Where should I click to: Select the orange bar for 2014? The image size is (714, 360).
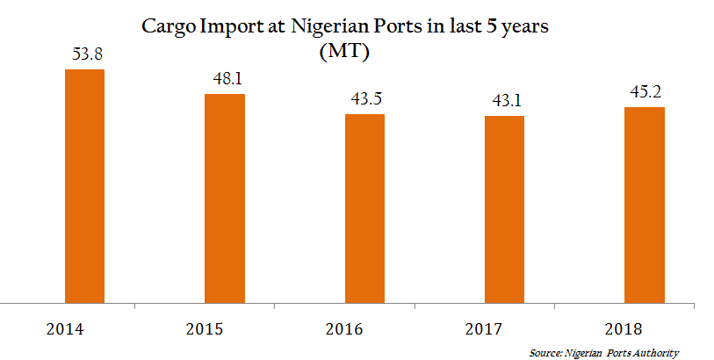[x=85, y=186]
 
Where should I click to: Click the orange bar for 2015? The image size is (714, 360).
[x=225, y=198]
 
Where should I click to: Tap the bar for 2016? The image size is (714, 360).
[x=364, y=209]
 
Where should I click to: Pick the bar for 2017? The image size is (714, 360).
[x=504, y=210]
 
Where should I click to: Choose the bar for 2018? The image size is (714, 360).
[x=644, y=205]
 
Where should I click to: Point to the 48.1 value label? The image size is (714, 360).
[x=226, y=80]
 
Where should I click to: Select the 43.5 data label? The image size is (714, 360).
[x=364, y=100]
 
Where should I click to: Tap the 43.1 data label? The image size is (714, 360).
[x=505, y=102]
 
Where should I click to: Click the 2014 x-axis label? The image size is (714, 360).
[x=64, y=330]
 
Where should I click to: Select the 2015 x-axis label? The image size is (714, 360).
[x=204, y=330]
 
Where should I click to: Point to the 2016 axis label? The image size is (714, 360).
[x=343, y=330]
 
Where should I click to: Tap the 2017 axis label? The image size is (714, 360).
[x=483, y=330]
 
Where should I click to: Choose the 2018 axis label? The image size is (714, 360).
[x=623, y=330]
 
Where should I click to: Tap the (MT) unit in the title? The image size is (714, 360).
[x=344, y=52]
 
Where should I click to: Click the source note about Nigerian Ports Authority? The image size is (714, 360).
[x=604, y=353]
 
